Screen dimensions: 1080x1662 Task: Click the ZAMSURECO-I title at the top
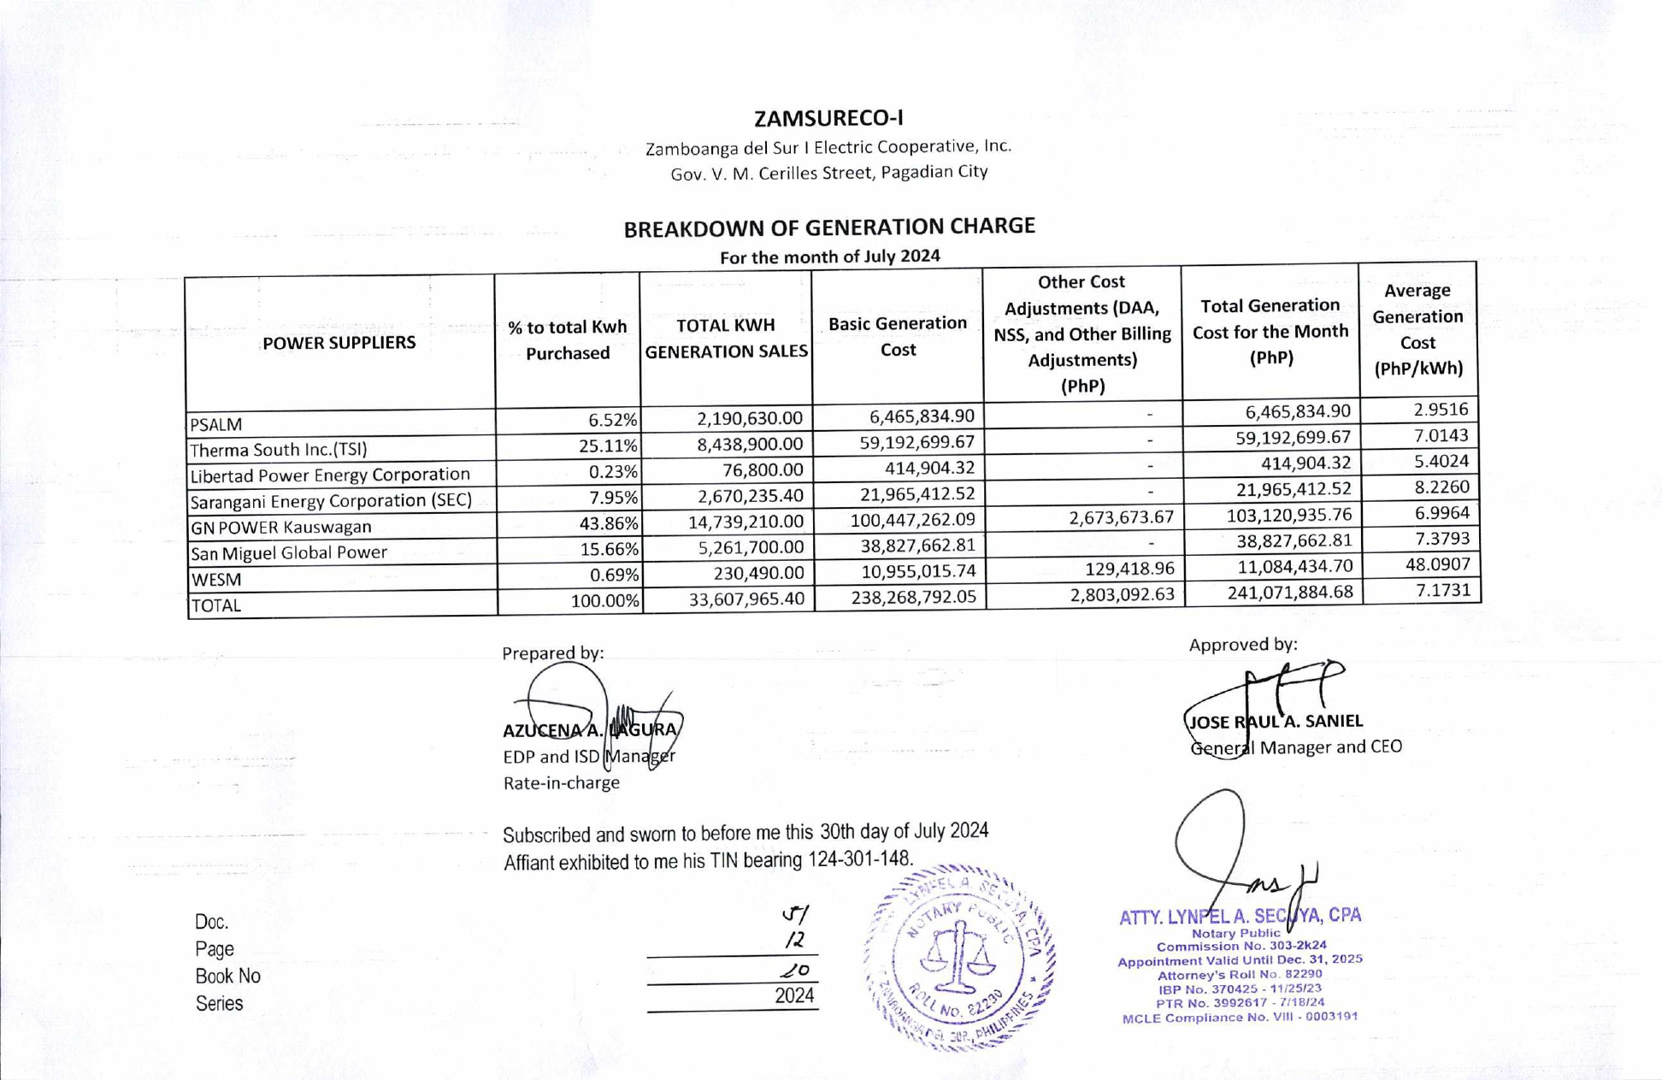click(x=828, y=118)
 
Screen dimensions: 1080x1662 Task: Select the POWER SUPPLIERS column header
click(x=339, y=343)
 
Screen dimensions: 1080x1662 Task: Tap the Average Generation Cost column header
click(x=1417, y=329)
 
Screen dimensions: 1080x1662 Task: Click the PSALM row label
click(x=216, y=424)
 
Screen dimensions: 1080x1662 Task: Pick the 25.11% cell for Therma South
click(x=608, y=446)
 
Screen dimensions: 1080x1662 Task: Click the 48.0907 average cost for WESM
click(x=1437, y=564)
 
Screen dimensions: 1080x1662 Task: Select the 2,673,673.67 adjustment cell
click(x=1121, y=516)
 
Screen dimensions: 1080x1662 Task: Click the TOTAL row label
click(x=216, y=605)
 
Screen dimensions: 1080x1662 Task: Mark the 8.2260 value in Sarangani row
click(x=1441, y=487)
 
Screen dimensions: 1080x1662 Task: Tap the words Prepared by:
click(x=552, y=653)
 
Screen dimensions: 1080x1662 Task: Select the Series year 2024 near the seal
click(x=793, y=996)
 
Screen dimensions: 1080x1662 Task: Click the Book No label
click(x=227, y=976)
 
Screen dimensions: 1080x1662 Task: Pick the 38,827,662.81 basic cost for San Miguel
click(x=913, y=546)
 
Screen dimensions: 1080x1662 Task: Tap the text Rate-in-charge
click(x=561, y=783)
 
